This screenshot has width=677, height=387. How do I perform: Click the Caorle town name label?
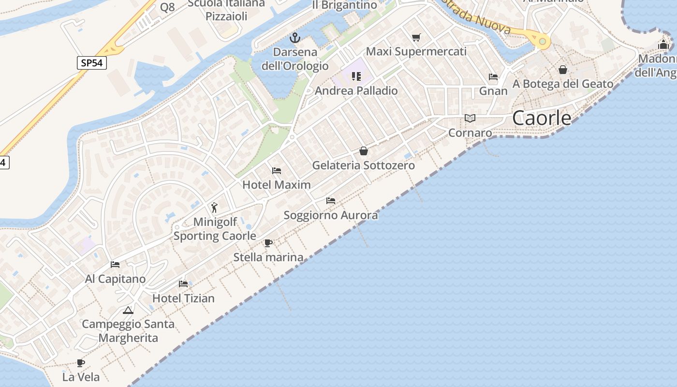tap(542, 118)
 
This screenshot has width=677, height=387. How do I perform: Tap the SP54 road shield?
tap(91, 63)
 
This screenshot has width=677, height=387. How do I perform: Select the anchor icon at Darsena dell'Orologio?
tap(294, 38)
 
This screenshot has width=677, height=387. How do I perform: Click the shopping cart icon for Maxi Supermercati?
tap(416, 38)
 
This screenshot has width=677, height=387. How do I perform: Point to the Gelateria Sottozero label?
tap(363, 165)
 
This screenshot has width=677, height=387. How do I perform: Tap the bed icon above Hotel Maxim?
tap(277, 170)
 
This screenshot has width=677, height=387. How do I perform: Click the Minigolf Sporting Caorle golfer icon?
tap(214, 208)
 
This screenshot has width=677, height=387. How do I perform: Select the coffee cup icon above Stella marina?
tap(268, 243)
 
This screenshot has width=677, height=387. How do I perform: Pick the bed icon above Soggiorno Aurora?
tap(331, 200)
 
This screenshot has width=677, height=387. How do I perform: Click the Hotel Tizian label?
tap(183, 298)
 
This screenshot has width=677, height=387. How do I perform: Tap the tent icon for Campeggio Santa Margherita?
tap(128, 310)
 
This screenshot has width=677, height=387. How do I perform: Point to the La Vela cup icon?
tap(81, 363)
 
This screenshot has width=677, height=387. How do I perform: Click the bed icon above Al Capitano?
tap(115, 264)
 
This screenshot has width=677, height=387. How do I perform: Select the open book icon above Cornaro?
tap(470, 118)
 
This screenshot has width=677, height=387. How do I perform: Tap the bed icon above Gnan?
tap(493, 76)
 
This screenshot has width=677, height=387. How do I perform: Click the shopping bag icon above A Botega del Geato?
tap(563, 70)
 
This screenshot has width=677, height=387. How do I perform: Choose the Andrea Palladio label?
tap(356, 91)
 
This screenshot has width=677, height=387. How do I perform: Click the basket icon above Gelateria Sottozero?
tap(364, 151)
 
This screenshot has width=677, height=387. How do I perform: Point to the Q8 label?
tap(167, 7)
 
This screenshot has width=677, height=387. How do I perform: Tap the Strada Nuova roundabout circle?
tap(543, 42)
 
